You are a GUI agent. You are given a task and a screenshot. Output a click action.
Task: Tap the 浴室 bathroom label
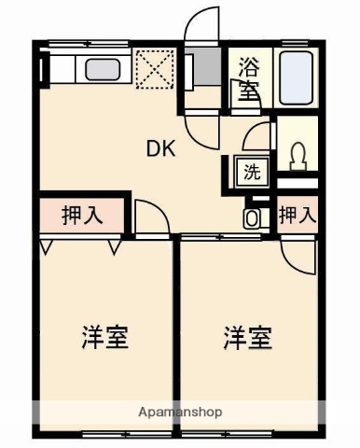[x=249, y=78]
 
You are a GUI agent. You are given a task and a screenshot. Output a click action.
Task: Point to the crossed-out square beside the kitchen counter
[x=149, y=67]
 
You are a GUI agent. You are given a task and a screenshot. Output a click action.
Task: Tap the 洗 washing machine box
[x=251, y=171]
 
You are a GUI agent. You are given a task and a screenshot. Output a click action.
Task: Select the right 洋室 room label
[x=247, y=337]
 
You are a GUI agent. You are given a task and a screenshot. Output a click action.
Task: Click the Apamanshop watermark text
[x=180, y=412]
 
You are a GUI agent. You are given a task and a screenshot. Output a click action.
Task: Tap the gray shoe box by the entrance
[x=188, y=68]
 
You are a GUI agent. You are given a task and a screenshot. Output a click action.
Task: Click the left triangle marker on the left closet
[x=47, y=247]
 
